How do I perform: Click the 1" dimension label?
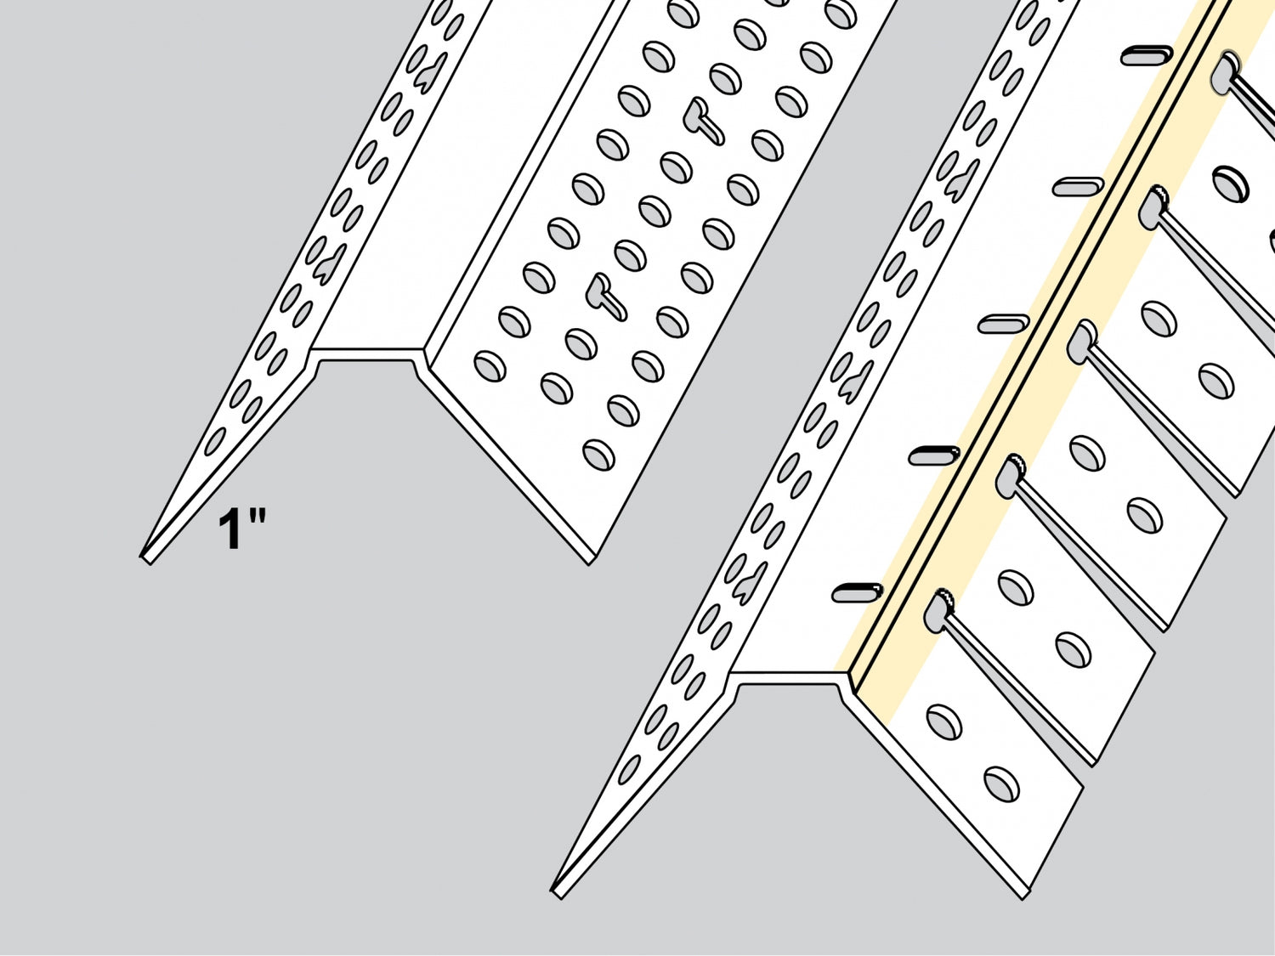tap(241, 529)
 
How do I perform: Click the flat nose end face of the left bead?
tap(367, 354)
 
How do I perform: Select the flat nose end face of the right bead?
tap(787, 678)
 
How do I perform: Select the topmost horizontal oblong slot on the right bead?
tap(1147, 56)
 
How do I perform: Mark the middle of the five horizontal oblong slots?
tap(1003, 324)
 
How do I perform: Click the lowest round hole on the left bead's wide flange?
tap(599, 455)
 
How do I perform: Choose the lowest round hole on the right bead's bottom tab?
tap(1002, 784)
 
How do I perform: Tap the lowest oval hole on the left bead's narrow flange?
tap(214, 441)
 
